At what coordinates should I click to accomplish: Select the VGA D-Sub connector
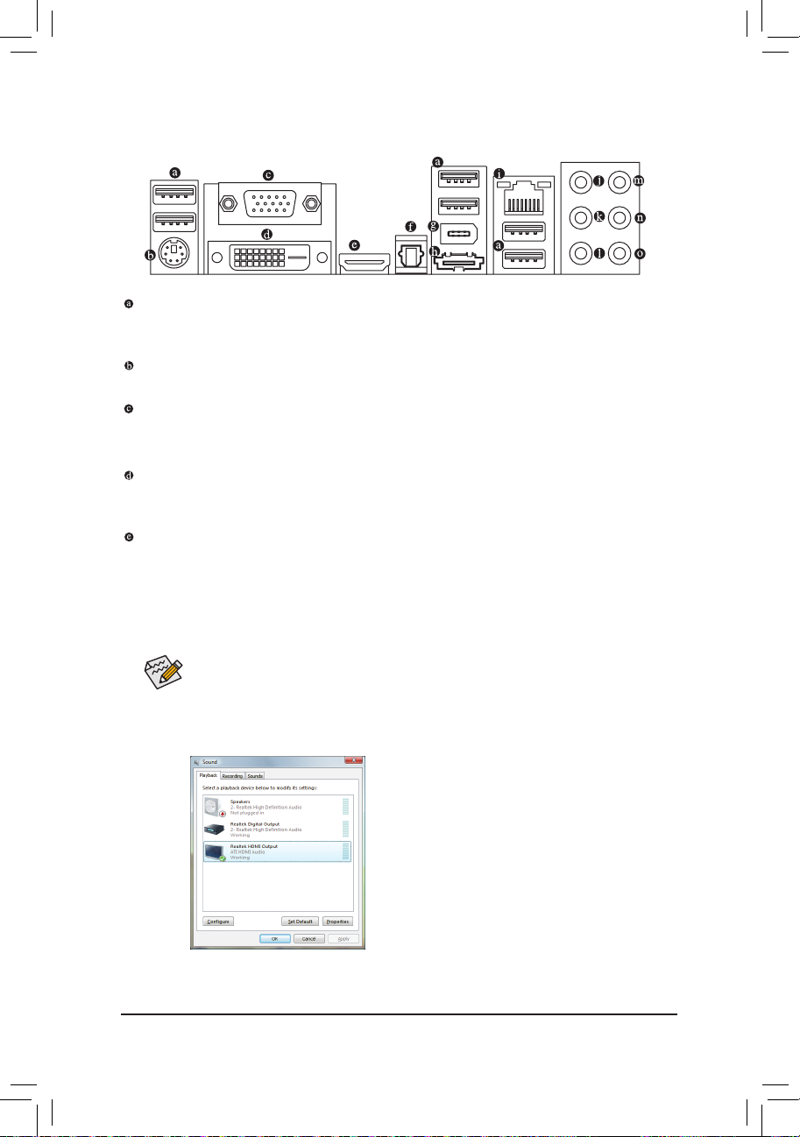(269, 205)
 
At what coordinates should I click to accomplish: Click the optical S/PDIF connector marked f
(410, 256)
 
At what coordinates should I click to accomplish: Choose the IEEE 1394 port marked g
(458, 236)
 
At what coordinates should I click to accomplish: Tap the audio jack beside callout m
(620, 182)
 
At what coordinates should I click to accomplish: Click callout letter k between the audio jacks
(599, 216)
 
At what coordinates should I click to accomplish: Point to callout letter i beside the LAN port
(499, 173)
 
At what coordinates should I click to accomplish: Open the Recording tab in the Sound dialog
(232, 776)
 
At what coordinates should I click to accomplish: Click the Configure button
(218, 922)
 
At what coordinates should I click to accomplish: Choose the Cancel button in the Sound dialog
(308, 938)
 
